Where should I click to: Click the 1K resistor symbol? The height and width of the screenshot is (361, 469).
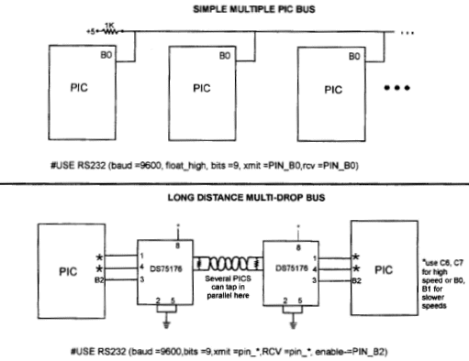(x=109, y=30)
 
